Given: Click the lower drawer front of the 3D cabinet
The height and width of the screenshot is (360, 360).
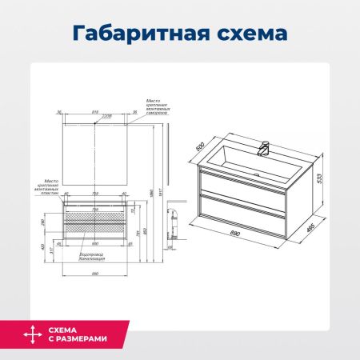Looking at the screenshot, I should [239, 215].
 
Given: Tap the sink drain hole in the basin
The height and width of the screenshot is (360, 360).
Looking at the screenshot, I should [257, 172].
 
